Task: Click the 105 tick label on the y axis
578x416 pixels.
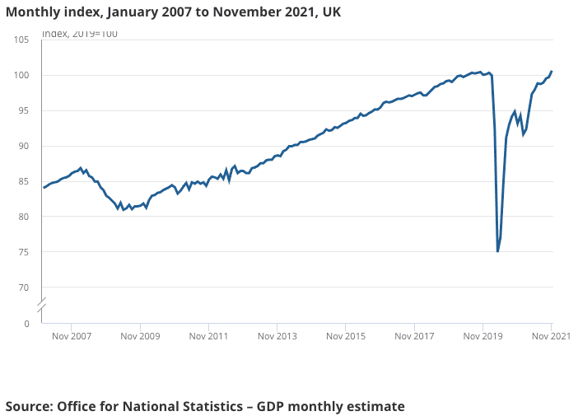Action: coord(21,40)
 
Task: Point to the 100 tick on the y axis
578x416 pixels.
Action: coord(21,76)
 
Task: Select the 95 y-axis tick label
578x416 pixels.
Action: coord(24,111)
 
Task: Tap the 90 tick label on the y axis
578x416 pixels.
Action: coord(24,147)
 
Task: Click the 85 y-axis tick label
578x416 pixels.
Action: coord(24,182)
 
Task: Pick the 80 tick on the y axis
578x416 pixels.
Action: coord(24,217)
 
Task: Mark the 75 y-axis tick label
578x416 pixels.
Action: coord(24,253)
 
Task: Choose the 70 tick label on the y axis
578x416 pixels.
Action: coord(24,288)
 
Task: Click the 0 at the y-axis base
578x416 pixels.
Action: coord(26,324)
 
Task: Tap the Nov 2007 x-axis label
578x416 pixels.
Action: coord(71,337)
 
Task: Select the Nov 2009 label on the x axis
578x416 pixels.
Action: coord(139,337)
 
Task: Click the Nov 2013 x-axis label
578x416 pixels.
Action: coord(277,337)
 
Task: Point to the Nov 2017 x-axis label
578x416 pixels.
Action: coord(414,337)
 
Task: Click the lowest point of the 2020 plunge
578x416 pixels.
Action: coord(497,251)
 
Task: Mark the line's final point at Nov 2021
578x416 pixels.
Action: coord(552,72)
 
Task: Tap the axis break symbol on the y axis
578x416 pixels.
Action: coord(42,306)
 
